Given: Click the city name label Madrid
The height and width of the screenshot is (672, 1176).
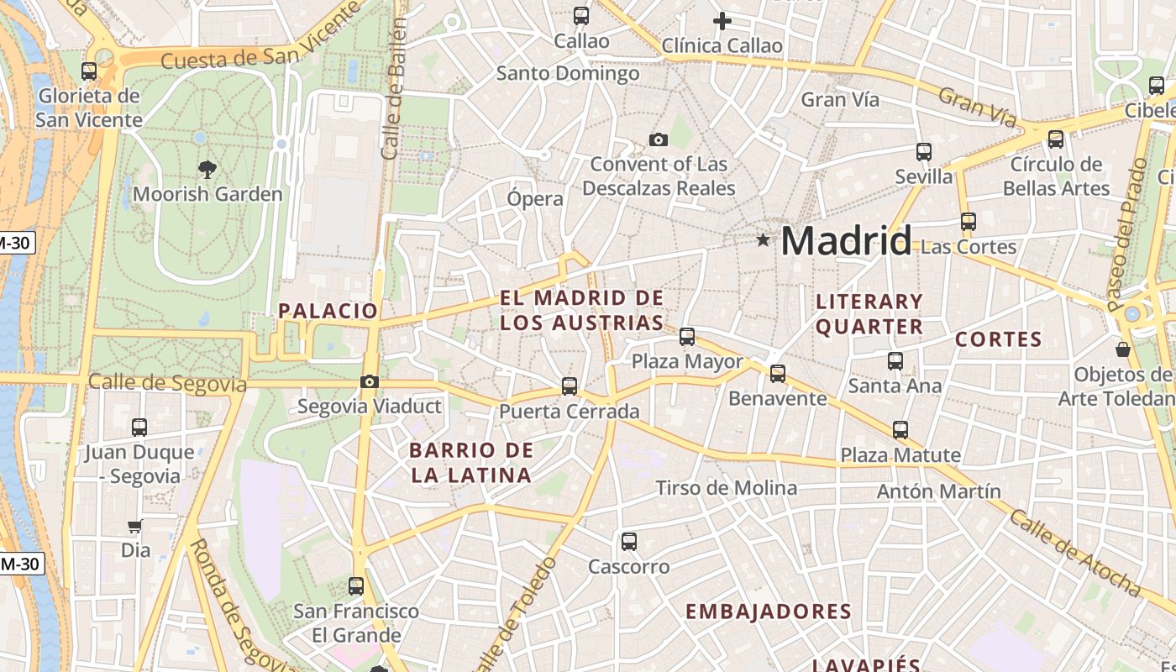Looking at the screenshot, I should pos(846,242).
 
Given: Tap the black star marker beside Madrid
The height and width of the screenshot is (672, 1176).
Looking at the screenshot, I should pos(763,240).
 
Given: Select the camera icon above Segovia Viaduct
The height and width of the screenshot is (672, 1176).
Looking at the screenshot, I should pos(369,382).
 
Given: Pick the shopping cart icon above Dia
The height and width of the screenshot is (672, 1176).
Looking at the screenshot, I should pos(134,527).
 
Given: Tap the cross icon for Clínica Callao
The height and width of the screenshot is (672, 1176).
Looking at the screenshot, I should pos(722,21).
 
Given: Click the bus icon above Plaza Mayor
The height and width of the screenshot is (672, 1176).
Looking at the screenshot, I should pos(687,337).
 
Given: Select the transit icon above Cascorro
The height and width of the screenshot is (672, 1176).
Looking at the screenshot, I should pos(629,542).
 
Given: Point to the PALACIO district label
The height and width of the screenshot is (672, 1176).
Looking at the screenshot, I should pos(328,311).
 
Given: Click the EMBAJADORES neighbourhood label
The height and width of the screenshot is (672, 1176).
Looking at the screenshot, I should pos(769,612).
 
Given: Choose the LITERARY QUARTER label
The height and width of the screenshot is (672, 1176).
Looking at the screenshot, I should pos(869,314).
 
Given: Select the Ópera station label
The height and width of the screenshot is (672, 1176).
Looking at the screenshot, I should pos(535,199).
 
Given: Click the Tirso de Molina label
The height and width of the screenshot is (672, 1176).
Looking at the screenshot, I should pos(727,488).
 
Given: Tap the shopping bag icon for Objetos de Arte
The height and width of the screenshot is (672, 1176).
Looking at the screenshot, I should pos(1123,349).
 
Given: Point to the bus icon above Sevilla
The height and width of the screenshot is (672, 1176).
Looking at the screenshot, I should pos(924,152).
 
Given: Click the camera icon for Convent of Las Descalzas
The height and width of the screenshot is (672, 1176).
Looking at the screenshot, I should pos(659,139).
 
